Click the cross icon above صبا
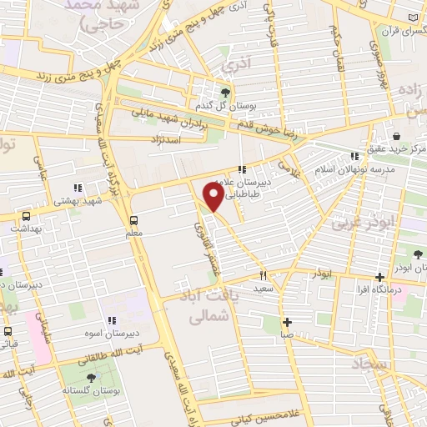[x=286, y=322]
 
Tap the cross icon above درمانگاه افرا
[x=379, y=277]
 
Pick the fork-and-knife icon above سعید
[x=264, y=275]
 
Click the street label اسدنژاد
[x=166, y=138]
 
